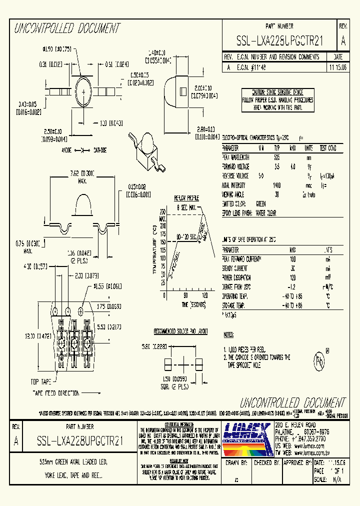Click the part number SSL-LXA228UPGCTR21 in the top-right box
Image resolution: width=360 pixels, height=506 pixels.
pyautogui.click(x=280, y=41)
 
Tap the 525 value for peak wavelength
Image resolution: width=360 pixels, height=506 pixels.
pyautogui.click(x=276, y=157)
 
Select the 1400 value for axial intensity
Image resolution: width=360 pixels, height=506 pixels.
pyautogui.click(x=277, y=185)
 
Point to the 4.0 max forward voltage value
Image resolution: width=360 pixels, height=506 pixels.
pyautogui.click(x=292, y=166)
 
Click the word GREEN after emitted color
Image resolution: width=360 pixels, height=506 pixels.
pyautogui.click(x=260, y=204)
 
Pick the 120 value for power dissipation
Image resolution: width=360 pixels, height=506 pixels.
pyautogui.click(x=292, y=277)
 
